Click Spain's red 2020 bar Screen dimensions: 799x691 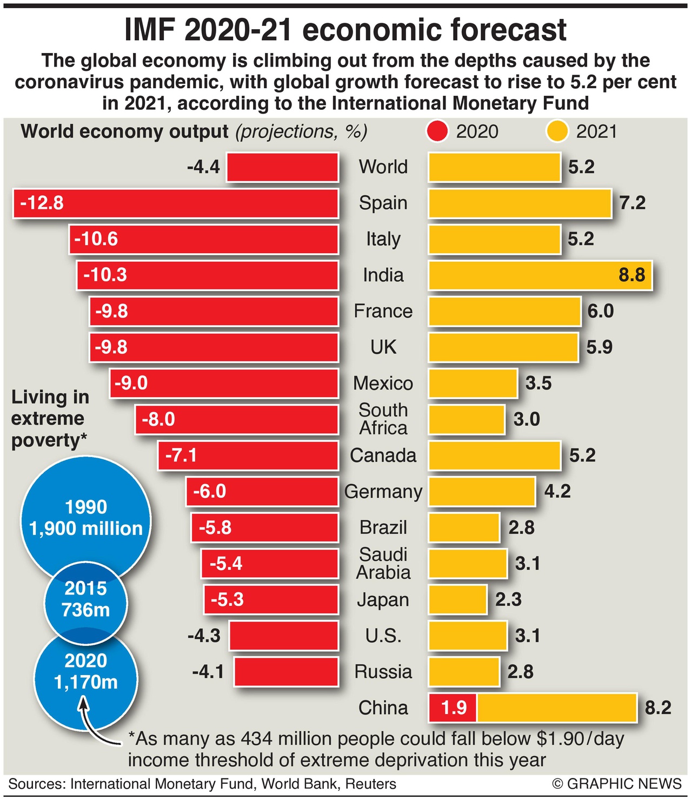176,203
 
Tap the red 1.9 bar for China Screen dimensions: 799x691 453,708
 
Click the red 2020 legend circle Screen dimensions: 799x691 437,131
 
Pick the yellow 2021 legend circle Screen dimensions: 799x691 557,131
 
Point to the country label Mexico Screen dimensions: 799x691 383,384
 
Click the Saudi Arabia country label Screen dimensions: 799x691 383,563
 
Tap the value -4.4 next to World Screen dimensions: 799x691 203,167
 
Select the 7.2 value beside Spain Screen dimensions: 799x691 632,203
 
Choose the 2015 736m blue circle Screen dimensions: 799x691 86,599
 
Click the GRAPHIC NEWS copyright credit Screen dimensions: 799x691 617,784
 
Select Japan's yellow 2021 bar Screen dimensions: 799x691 458,599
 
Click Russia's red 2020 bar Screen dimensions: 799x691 286,672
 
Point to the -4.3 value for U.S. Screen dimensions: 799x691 204,636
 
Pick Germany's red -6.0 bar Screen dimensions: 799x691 262,492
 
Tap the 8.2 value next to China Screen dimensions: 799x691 658,708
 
